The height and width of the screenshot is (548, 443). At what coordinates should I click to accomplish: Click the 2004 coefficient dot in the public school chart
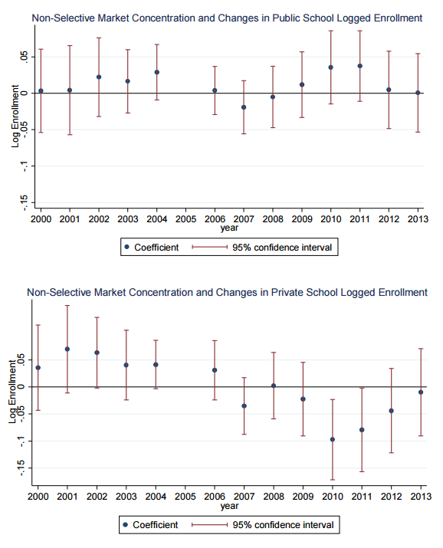pyautogui.click(x=157, y=72)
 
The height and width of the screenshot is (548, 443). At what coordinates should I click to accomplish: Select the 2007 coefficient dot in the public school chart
pyautogui.click(x=244, y=107)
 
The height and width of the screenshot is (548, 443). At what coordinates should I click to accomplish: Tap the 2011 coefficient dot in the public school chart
pyautogui.click(x=360, y=66)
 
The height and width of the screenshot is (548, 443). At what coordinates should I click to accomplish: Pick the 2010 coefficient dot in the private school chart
pyautogui.click(x=333, y=440)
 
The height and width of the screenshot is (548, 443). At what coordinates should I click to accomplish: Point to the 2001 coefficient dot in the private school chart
pyautogui.click(x=67, y=349)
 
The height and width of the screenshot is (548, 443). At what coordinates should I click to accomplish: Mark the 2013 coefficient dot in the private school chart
pyautogui.click(x=421, y=392)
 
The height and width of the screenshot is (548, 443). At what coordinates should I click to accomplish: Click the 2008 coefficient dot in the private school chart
pyautogui.click(x=274, y=386)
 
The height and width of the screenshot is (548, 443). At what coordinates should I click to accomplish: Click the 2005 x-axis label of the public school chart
pyautogui.click(x=186, y=219)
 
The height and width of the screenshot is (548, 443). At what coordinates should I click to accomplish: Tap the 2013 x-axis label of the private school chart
pyautogui.click(x=421, y=497)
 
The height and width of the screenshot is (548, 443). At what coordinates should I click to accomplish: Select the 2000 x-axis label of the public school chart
pyautogui.click(x=41, y=219)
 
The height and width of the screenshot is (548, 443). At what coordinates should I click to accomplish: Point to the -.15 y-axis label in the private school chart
pyautogui.click(x=21, y=468)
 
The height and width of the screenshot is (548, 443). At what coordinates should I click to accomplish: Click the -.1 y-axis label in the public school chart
pyautogui.click(x=24, y=166)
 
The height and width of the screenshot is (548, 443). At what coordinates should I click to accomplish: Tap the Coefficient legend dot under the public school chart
pyautogui.click(x=126, y=247)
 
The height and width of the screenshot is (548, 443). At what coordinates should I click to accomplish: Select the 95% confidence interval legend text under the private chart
pyautogui.click(x=284, y=525)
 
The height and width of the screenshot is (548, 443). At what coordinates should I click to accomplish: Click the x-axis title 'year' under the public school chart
pyautogui.click(x=229, y=228)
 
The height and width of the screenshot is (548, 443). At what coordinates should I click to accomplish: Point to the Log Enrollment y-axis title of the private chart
pyautogui.click(x=12, y=392)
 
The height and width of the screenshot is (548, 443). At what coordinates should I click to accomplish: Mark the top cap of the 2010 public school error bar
pyautogui.click(x=331, y=31)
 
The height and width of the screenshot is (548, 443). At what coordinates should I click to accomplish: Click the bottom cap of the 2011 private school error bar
pyautogui.click(x=362, y=472)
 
